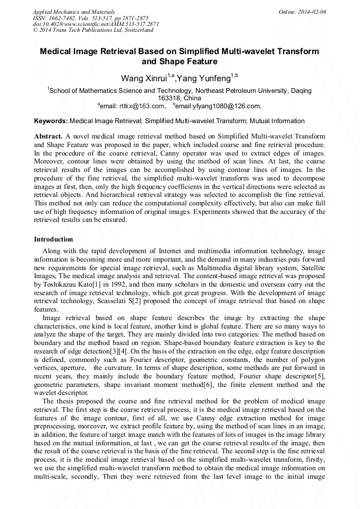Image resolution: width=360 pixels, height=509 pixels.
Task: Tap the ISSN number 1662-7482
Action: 67,18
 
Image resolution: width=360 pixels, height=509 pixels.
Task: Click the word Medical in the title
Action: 57,51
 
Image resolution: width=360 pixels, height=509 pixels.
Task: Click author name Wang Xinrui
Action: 143,79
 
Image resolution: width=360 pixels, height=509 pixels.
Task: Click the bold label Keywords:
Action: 51,122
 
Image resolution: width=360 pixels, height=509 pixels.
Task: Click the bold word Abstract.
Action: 48,136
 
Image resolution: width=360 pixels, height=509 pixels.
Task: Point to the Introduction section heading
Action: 54,239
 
